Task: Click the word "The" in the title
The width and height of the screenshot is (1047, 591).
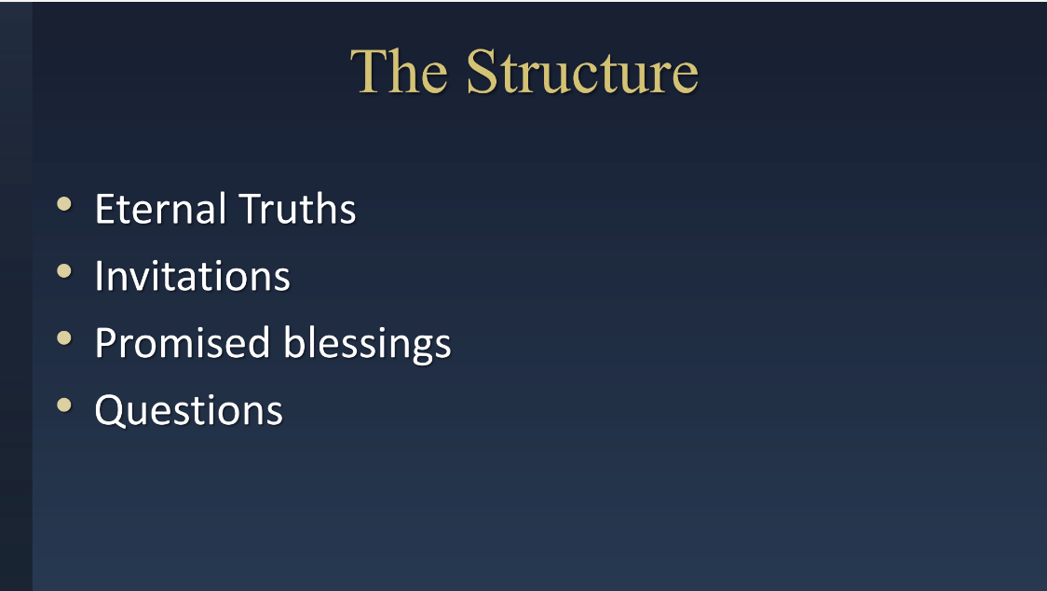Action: click(x=399, y=72)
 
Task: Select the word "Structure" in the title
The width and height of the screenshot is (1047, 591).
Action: click(x=582, y=72)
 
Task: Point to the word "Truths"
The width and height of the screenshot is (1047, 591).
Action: click(x=297, y=209)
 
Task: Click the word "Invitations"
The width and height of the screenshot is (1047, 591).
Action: click(x=192, y=275)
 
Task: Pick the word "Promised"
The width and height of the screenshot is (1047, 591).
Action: click(x=183, y=343)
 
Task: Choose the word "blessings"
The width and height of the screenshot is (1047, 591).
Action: click(x=367, y=344)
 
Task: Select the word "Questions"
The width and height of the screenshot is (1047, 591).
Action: click(x=189, y=410)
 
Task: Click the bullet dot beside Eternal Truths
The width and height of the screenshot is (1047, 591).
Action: click(x=64, y=204)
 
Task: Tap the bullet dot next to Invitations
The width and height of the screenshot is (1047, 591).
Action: click(x=64, y=270)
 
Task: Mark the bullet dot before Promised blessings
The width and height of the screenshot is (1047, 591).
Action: click(x=64, y=337)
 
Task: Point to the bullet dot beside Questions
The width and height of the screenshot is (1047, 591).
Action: click(x=64, y=405)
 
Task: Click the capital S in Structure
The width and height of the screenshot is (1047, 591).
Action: click(x=482, y=72)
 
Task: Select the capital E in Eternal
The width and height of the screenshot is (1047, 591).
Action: click(x=106, y=209)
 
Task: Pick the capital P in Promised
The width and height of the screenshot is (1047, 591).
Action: click(x=107, y=343)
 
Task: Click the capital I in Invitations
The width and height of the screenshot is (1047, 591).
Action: click(x=99, y=275)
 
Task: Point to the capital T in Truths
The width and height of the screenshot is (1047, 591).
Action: click(x=252, y=209)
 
